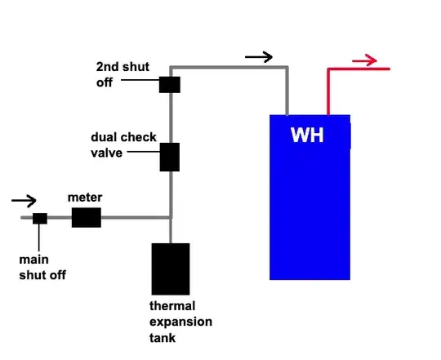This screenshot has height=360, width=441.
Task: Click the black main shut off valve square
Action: pyautogui.click(x=40, y=218)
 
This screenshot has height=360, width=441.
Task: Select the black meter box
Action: pyautogui.click(x=87, y=217)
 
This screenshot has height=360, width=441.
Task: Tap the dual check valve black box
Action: pyautogui.click(x=170, y=157)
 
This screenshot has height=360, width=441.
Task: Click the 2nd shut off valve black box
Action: pyautogui.click(x=170, y=85)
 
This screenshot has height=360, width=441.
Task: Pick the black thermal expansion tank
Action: pyautogui.click(x=171, y=269)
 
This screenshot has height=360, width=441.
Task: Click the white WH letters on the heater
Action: pyautogui.click(x=307, y=136)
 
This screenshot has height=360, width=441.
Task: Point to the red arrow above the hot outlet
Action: pyautogui.click(x=364, y=60)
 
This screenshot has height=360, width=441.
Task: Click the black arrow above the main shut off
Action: pyautogui.click(x=24, y=201)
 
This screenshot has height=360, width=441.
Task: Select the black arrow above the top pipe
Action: pyautogui.click(x=259, y=57)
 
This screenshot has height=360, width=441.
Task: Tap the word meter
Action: pyautogui.click(x=85, y=198)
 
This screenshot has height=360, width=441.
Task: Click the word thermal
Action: pyautogui.click(x=172, y=306)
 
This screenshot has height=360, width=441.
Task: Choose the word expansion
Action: pyautogui.click(x=180, y=322)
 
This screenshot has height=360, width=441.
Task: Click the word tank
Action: pyautogui.click(x=163, y=337)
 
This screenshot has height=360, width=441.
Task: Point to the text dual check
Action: pyautogui.click(x=123, y=137)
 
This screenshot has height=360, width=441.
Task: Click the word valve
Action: pyautogui.click(x=107, y=153)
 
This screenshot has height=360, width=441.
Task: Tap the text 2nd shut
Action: pyautogui.click(x=122, y=67)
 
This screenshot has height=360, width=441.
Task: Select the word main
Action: pyautogui.click(x=33, y=260)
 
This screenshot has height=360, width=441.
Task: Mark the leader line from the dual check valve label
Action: pyautogui.click(x=144, y=152)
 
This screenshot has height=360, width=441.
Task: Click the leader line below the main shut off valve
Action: pyautogui.click(x=39, y=238)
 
